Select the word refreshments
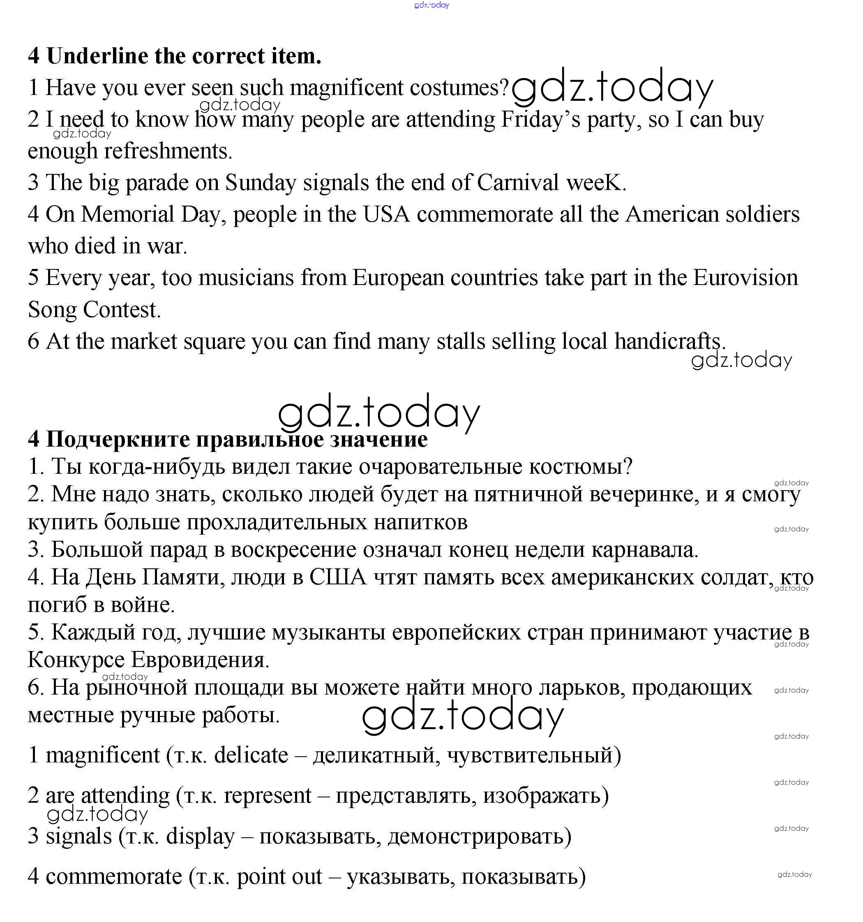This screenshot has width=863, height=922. (168, 151)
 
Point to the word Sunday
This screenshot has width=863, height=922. (261, 183)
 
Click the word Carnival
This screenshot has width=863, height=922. (517, 183)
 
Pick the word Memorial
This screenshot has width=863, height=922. (127, 215)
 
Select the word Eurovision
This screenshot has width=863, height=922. (745, 278)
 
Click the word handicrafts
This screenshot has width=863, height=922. (668, 342)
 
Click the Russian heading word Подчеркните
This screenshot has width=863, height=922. (118, 439)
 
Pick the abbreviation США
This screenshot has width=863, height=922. (337, 577)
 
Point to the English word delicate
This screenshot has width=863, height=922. (251, 755)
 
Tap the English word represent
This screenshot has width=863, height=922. (268, 795)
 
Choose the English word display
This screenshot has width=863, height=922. (200, 836)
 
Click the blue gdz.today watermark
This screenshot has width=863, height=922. (431, 5)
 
